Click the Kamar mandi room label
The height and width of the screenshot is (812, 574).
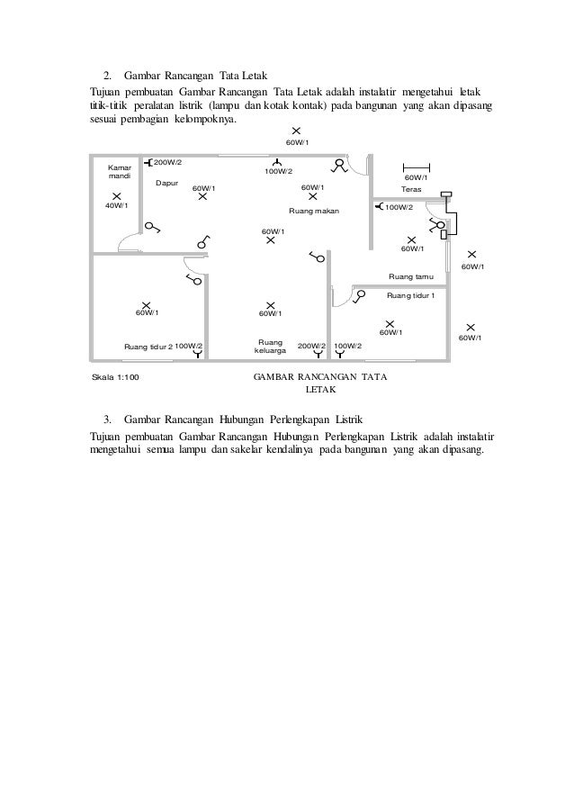(x=119, y=172)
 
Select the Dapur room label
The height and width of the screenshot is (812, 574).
(x=167, y=184)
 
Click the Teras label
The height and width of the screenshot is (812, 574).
(x=411, y=189)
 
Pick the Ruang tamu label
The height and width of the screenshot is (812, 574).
(x=410, y=276)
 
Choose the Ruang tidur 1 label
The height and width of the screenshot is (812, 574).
(x=410, y=295)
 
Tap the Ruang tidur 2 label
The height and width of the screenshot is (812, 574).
(x=148, y=346)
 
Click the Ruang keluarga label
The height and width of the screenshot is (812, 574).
(x=271, y=347)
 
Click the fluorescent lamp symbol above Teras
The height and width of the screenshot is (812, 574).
(x=416, y=167)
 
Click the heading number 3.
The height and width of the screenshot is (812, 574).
(x=107, y=420)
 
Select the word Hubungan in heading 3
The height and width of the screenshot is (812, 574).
(x=256, y=420)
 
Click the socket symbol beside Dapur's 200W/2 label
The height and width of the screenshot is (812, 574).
(x=147, y=163)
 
